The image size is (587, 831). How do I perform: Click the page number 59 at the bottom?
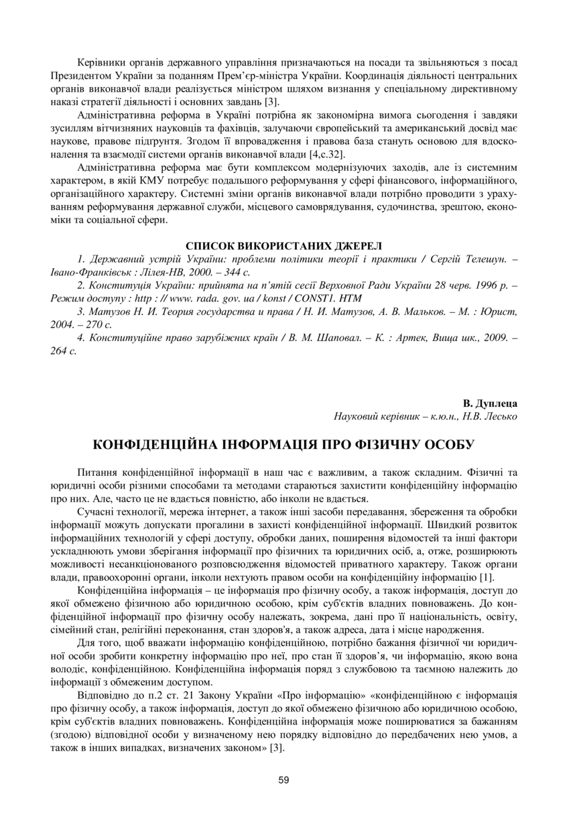(283, 780)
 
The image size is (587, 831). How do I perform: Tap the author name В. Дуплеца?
(490, 404)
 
